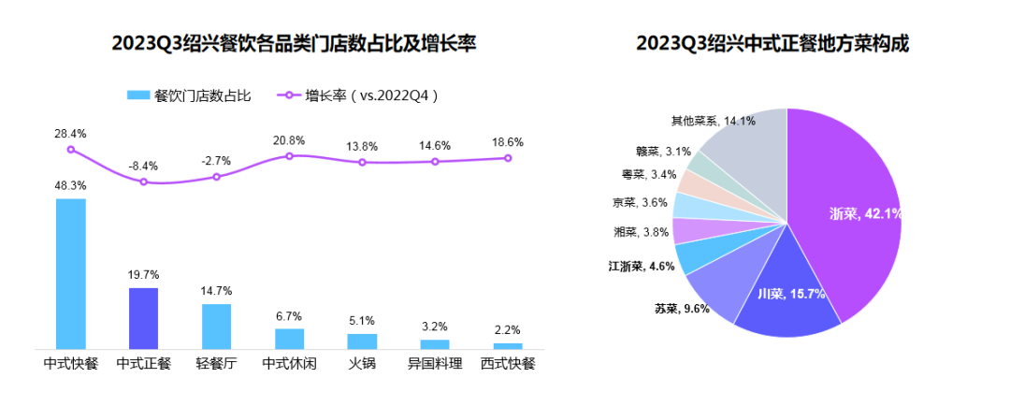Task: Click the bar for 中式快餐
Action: tap(71, 273)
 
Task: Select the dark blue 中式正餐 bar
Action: tap(143, 318)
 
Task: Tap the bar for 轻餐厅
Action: tap(216, 326)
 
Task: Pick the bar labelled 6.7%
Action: tap(289, 338)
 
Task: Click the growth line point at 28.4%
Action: tap(71, 150)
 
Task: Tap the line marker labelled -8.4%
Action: tap(143, 182)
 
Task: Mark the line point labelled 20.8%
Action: tap(289, 155)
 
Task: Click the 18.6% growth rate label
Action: tap(508, 142)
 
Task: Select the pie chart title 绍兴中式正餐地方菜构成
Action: tap(772, 44)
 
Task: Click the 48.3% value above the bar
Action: tap(71, 185)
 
